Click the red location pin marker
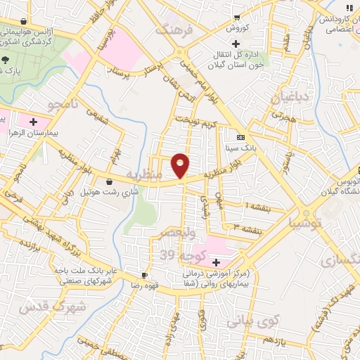[x=181, y=165]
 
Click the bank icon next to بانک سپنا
[x=241, y=137]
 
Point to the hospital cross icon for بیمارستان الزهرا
[x=32, y=122]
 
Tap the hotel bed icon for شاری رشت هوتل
[x=108, y=181]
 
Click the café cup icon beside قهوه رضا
[x=144, y=275]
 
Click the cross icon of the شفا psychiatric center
[x=216, y=262]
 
